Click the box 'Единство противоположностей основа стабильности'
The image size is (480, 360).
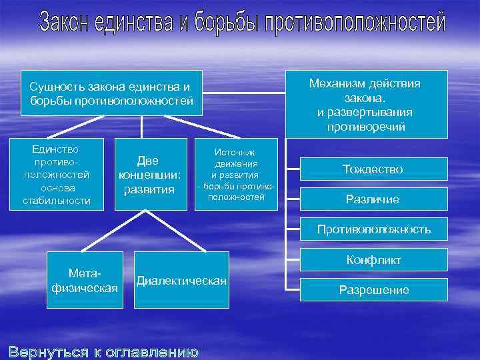56,174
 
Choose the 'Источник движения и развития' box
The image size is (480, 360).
236,175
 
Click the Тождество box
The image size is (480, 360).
373,169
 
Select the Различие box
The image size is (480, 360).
373,199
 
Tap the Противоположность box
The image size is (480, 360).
373,229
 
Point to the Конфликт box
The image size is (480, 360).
373,260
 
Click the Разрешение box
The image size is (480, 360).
373,290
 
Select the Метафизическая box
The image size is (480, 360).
85,281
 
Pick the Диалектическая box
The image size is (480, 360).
181,281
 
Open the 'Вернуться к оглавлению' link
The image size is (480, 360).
103,351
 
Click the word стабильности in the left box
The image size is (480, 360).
56,201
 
